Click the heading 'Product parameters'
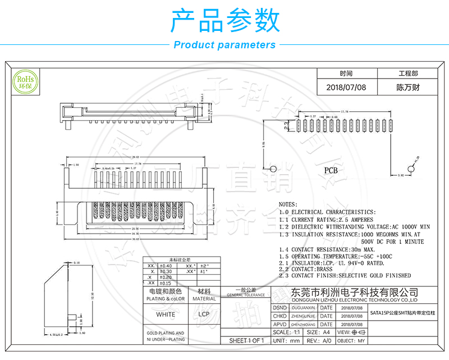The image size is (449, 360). pyautogui.click(x=224, y=45)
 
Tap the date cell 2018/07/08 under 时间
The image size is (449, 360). pyautogui.click(x=346, y=88)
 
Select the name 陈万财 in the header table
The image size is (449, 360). pyautogui.click(x=408, y=88)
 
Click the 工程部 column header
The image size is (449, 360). pyautogui.click(x=408, y=74)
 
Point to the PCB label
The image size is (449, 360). pyautogui.click(x=331, y=169)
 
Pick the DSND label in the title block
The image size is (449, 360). pyautogui.click(x=280, y=308)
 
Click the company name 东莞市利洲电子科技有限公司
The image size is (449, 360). pyautogui.click(x=355, y=293)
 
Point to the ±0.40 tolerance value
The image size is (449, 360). pyautogui.click(x=166, y=266)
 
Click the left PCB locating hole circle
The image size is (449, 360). pyautogui.click(x=273, y=168)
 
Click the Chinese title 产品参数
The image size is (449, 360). pyautogui.click(x=224, y=21)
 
